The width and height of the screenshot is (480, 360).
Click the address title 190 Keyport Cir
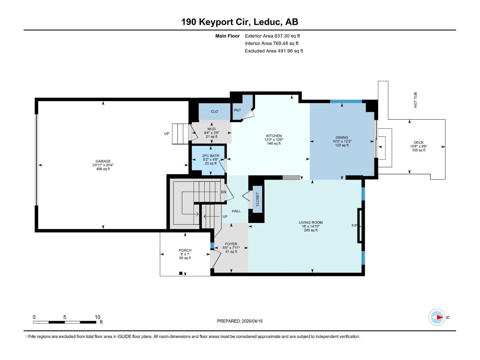pyautogui.click(x=239, y=22)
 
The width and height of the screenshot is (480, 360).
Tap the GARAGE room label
pyautogui.click(x=103, y=161)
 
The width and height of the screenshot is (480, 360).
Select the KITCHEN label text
pyautogui.click(x=274, y=136)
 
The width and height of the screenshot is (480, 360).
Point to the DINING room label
pyautogui.click(x=342, y=138)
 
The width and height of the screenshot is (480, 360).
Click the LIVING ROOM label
pyautogui.click(x=310, y=223)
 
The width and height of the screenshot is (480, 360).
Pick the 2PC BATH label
pyautogui.click(x=211, y=156)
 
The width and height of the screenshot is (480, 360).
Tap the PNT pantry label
pyautogui.click(x=237, y=110)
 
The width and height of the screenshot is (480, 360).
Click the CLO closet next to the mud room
pyautogui.click(x=214, y=112)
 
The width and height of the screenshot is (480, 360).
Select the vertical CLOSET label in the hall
pyautogui.click(x=257, y=199)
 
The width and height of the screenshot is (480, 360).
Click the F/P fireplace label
pyautogui.click(x=354, y=226)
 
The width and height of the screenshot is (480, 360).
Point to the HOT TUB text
pyautogui.click(x=415, y=100)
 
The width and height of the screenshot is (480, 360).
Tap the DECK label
pyautogui.click(x=418, y=143)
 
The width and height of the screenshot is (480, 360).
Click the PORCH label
pyautogui.click(x=185, y=250)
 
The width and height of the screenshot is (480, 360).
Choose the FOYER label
pyautogui.click(x=231, y=244)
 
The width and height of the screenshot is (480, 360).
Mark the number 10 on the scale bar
pyautogui.click(x=97, y=317)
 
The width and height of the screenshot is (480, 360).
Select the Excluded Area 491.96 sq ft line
pyautogui.click(x=274, y=51)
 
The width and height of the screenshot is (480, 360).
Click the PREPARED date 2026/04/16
pyautogui.click(x=240, y=321)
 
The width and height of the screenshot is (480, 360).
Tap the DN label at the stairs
pyautogui.click(x=223, y=192)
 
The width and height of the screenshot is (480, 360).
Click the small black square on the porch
pyautogui.click(x=181, y=273)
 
